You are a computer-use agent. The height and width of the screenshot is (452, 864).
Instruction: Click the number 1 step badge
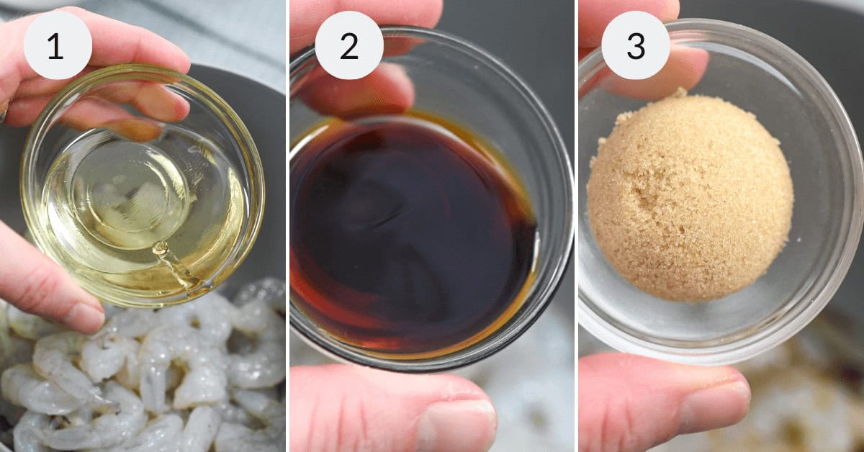point(58,45)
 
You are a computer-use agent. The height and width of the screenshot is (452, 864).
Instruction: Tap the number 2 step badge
point(349,45)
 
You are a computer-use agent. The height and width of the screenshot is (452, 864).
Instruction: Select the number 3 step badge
point(635,45)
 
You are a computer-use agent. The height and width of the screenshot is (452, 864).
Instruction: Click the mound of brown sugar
point(690,196)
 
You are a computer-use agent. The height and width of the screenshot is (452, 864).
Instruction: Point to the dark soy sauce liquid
point(413,235)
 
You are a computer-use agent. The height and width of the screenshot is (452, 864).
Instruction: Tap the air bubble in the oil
point(160,249)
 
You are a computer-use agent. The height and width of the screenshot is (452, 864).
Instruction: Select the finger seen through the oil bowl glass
point(116,116)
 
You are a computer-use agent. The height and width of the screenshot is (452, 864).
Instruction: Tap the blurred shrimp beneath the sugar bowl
point(795,401)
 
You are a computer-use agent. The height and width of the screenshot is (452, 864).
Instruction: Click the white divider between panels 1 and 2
point(288,226)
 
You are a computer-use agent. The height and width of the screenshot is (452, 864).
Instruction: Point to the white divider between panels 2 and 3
point(576,226)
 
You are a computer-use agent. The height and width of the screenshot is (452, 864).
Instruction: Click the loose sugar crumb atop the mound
point(682,92)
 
